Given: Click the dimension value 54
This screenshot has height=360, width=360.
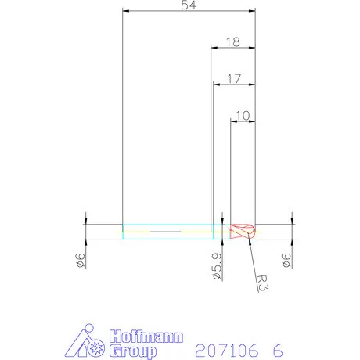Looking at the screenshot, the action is point(189,5).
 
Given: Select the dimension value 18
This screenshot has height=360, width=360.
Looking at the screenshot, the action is point(232,42).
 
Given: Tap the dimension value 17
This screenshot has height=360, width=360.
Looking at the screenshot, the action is point(234,79).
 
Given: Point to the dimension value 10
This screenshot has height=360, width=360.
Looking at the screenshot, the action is point(243,116).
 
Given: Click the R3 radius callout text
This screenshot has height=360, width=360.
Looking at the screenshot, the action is point(262,283).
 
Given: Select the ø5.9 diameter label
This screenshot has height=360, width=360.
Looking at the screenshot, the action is point(217,266).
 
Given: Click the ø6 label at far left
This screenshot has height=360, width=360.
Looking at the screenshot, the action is point(80,260).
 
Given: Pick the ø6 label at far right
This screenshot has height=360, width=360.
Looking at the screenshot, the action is point(286,260).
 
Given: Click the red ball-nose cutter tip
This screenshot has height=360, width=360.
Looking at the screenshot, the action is point(243,232).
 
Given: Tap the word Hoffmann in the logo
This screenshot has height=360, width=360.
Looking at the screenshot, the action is point(146,337).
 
